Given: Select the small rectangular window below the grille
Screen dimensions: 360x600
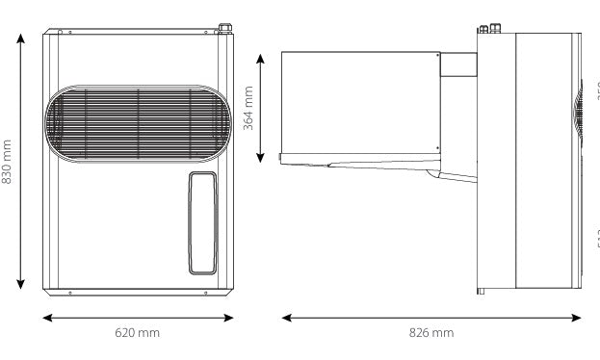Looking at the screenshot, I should (202, 223).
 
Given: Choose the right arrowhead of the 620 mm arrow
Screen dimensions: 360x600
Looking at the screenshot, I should (231, 315).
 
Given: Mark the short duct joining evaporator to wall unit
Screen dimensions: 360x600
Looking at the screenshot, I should (459, 64).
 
